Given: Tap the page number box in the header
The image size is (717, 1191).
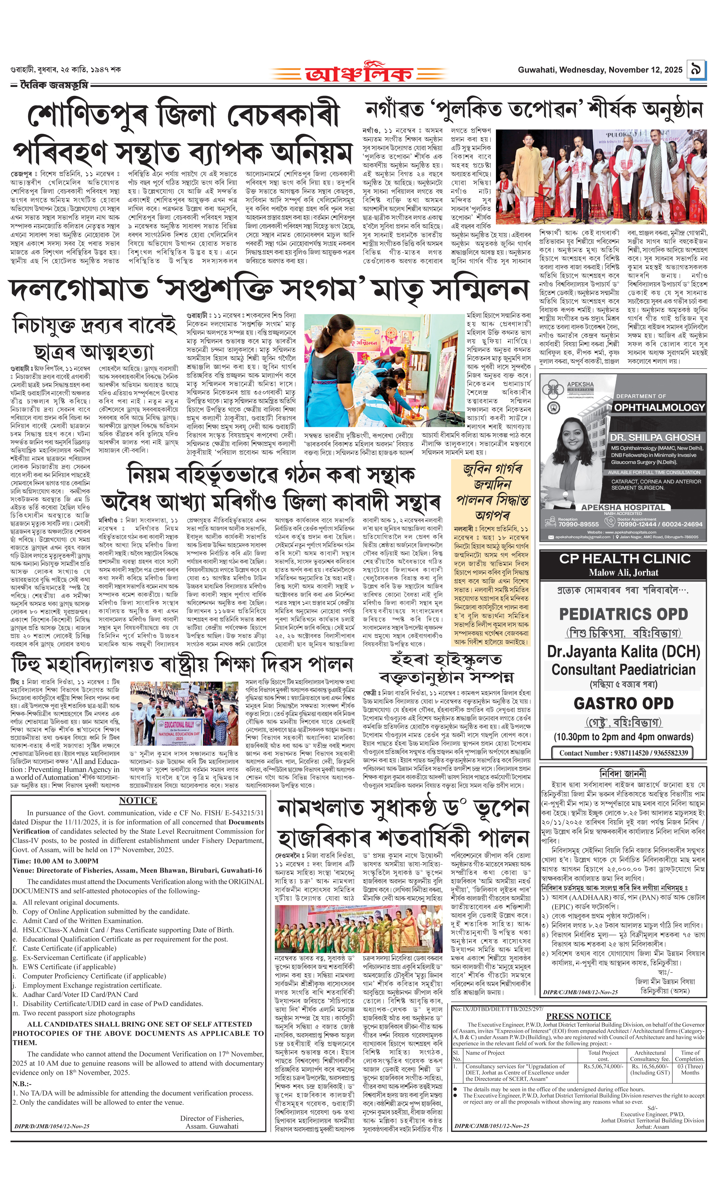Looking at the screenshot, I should click(x=696, y=70).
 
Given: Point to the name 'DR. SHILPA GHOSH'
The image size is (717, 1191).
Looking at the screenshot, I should click(x=655, y=437).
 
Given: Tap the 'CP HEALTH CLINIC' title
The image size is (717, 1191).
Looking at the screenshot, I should click(x=624, y=559).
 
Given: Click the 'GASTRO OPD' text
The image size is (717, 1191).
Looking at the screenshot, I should click(x=623, y=703).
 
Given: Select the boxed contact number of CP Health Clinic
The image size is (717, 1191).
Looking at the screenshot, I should click(x=623, y=753).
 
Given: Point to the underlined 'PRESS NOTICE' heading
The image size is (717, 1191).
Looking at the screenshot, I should click(x=578, y=1016).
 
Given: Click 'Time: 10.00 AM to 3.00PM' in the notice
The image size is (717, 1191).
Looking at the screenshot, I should click(x=55, y=861).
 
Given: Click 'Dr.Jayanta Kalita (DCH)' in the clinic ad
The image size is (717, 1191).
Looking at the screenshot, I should click(x=623, y=651).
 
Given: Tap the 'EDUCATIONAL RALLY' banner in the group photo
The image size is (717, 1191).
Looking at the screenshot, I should click(x=180, y=725).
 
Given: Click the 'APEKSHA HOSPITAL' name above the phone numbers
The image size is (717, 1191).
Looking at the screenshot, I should click(x=623, y=508).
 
